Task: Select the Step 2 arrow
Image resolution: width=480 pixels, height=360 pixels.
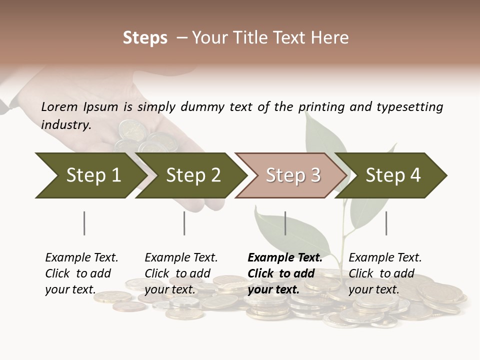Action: (x=192, y=175)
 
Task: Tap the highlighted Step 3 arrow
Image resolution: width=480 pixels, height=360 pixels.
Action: (x=292, y=175)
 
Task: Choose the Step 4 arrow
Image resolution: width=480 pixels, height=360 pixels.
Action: (x=393, y=175)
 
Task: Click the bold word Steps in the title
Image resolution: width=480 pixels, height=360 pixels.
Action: (x=145, y=38)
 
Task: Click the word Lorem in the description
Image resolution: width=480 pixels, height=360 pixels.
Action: (x=59, y=106)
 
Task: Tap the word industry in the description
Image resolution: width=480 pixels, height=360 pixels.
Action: (x=65, y=124)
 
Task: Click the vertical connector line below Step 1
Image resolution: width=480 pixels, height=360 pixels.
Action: (x=84, y=223)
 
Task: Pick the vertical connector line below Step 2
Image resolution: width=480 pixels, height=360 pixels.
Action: (x=184, y=223)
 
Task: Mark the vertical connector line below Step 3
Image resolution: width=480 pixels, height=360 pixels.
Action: (x=285, y=223)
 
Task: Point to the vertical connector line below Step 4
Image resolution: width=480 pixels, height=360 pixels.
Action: (x=386, y=223)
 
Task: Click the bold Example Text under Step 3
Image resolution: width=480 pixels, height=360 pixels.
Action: (x=285, y=258)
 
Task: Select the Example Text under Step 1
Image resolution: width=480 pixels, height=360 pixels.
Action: (x=81, y=258)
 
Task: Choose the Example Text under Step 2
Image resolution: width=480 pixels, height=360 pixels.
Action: (x=181, y=258)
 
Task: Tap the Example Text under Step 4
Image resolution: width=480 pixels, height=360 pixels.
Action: (x=385, y=258)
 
